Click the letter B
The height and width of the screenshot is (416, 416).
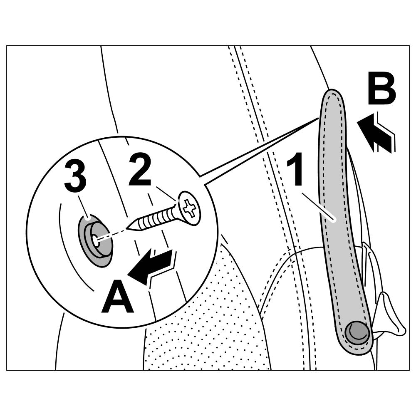pyautogui.click(x=381, y=91)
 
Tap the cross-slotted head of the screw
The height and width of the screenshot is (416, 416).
pyautogui.click(x=190, y=208)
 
